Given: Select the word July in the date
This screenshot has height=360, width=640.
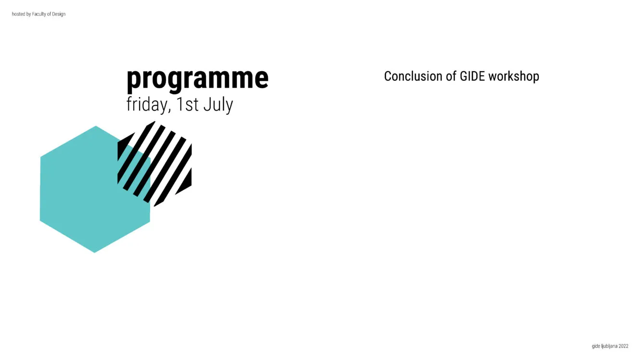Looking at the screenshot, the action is (218, 105).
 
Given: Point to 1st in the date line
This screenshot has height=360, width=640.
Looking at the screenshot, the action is (187, 104).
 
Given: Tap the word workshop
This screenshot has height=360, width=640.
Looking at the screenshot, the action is (514, 77).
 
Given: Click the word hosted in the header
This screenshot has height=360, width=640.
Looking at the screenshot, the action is (18, 14).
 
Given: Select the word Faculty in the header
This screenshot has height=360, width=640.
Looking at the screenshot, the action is (39, 14).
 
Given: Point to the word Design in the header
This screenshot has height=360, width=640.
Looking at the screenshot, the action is (59, 14).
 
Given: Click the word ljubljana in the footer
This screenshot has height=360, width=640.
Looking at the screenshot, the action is (609, 347).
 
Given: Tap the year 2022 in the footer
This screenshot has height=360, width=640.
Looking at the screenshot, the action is (624, 346).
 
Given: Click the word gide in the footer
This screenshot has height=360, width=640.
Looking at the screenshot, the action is (596, 347).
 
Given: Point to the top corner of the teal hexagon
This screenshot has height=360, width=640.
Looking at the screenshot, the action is (96, 126).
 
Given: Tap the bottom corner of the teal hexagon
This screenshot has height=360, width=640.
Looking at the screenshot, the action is (95, 253).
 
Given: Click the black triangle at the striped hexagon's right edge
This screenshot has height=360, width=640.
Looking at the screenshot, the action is (186, 183).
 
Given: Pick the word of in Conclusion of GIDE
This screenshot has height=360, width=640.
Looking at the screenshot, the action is (451, 77).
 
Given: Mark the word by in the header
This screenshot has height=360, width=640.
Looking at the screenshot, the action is (28, 14).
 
